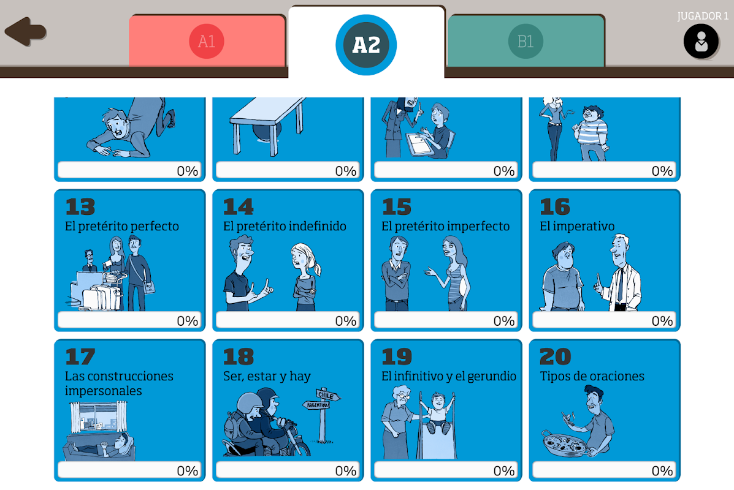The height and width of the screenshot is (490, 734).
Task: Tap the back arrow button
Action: (x=25, y=32)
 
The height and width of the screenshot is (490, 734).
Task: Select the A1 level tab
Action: (x=207, y=41)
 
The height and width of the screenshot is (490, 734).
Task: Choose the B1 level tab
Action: (x=526, y=41)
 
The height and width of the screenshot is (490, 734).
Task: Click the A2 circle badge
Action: (x=366, y=45)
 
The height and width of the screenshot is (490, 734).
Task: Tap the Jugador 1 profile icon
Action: (x=701, y=41)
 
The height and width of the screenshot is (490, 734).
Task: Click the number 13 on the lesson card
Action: (x=80, y=207)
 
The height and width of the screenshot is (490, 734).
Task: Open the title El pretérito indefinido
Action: (x=285, y=226)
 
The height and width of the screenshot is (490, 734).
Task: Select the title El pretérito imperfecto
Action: (x=446, y=226)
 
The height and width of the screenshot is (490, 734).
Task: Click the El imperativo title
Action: (x=577, y=226)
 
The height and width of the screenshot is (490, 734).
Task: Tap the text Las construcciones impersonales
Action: (x=119, y=383)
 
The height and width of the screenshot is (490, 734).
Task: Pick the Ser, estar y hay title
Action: (x=267, y=377)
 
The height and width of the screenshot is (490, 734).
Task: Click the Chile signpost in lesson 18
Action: (x=328, y=395)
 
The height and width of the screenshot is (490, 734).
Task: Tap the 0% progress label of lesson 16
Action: (x=662, y=321)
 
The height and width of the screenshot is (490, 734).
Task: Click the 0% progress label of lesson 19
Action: (x=503, y=471)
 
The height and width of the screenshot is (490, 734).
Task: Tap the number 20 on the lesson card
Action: (x=555, y=357)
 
